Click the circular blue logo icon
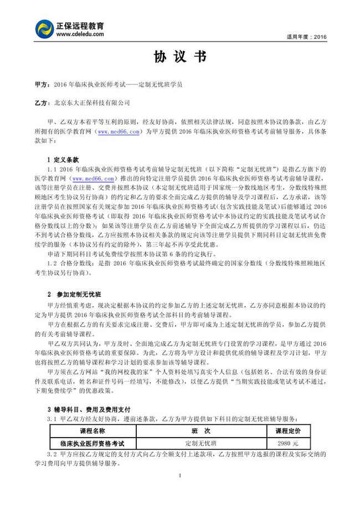click(44, 29)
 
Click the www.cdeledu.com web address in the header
click(80, 34)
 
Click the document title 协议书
click(180, 57)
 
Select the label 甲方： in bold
click(42, 85)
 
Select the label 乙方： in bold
click(42, 103)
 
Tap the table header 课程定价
click(296, 430)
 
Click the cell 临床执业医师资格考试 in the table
click(92, 443)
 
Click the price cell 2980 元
click(289, 443)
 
